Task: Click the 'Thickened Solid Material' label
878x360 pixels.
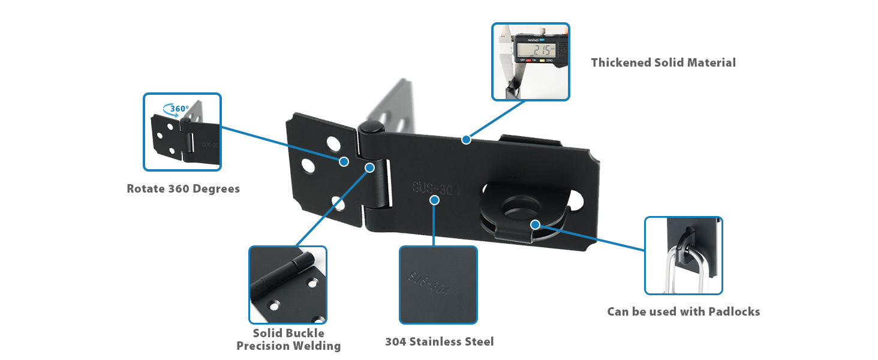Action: coord(663,62)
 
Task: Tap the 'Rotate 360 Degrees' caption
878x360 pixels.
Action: coord(183,188)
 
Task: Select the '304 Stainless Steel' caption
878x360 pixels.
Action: coord(439,341)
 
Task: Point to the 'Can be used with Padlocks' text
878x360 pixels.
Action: coord(683,311)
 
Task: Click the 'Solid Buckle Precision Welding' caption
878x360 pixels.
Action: coord(288,340)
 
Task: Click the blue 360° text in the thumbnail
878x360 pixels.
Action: coord(179,109)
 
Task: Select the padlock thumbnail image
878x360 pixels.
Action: coord(683,256)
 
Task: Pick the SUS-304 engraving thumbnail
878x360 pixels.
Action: coord(438,285)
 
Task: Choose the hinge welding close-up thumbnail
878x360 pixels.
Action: coord(288,285)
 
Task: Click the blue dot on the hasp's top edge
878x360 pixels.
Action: coord(465,140)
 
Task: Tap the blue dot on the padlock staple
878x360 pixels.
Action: coord(535,224)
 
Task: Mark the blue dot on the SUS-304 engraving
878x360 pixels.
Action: coord(435,200)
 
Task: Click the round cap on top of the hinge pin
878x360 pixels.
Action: coord(371,128)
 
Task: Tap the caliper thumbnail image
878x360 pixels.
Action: coord(530,62)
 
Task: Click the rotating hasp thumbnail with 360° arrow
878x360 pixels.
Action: coord(182,132)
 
